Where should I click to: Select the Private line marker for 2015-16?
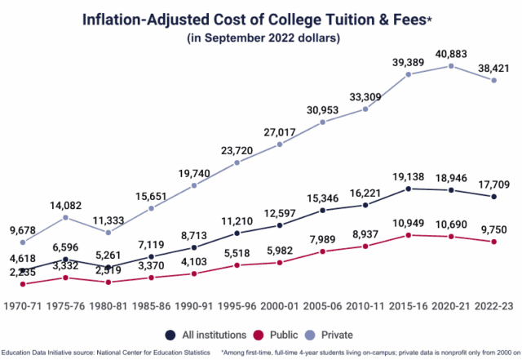click(x=409, y=74)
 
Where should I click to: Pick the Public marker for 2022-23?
click(x=494, y=242)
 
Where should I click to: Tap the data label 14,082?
click(x=65, y=205)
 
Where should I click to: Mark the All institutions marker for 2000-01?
click(x=280, y=225)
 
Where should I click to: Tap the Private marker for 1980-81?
click(x=108, y=232)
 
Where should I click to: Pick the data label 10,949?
click(x=409, y=223)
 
